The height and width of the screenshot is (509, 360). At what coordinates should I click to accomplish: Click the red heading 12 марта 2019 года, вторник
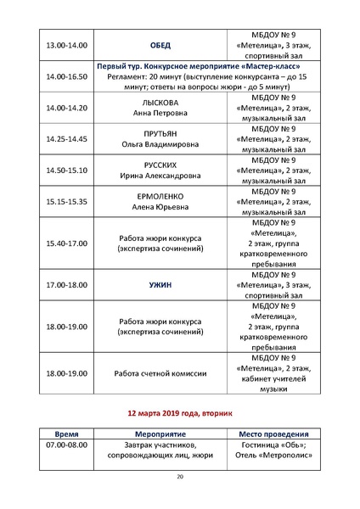[x=179, y=413]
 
